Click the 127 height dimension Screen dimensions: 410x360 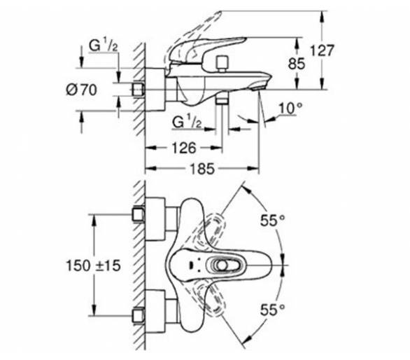click(322, 50)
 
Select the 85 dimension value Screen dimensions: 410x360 click(297, 64)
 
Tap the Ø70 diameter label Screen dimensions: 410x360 click(81, 90)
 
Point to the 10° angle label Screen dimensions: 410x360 click(290, 108)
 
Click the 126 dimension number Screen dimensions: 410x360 click(184, 148)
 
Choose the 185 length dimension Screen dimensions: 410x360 click(202, 169)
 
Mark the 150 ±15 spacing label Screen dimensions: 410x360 click(93, 265)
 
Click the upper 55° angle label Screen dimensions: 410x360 click(272, 220)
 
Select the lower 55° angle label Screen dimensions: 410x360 click(272, 310)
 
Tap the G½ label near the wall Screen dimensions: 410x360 click(104, 46)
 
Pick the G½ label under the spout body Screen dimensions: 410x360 click(187, 122)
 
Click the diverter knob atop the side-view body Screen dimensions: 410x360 click(222, 64)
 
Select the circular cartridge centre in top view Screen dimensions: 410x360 click(222, 265)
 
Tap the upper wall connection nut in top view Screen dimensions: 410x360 click(139, 215)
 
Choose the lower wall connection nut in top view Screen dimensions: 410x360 click(139, 315)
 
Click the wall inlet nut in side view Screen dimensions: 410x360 click(139, 90)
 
